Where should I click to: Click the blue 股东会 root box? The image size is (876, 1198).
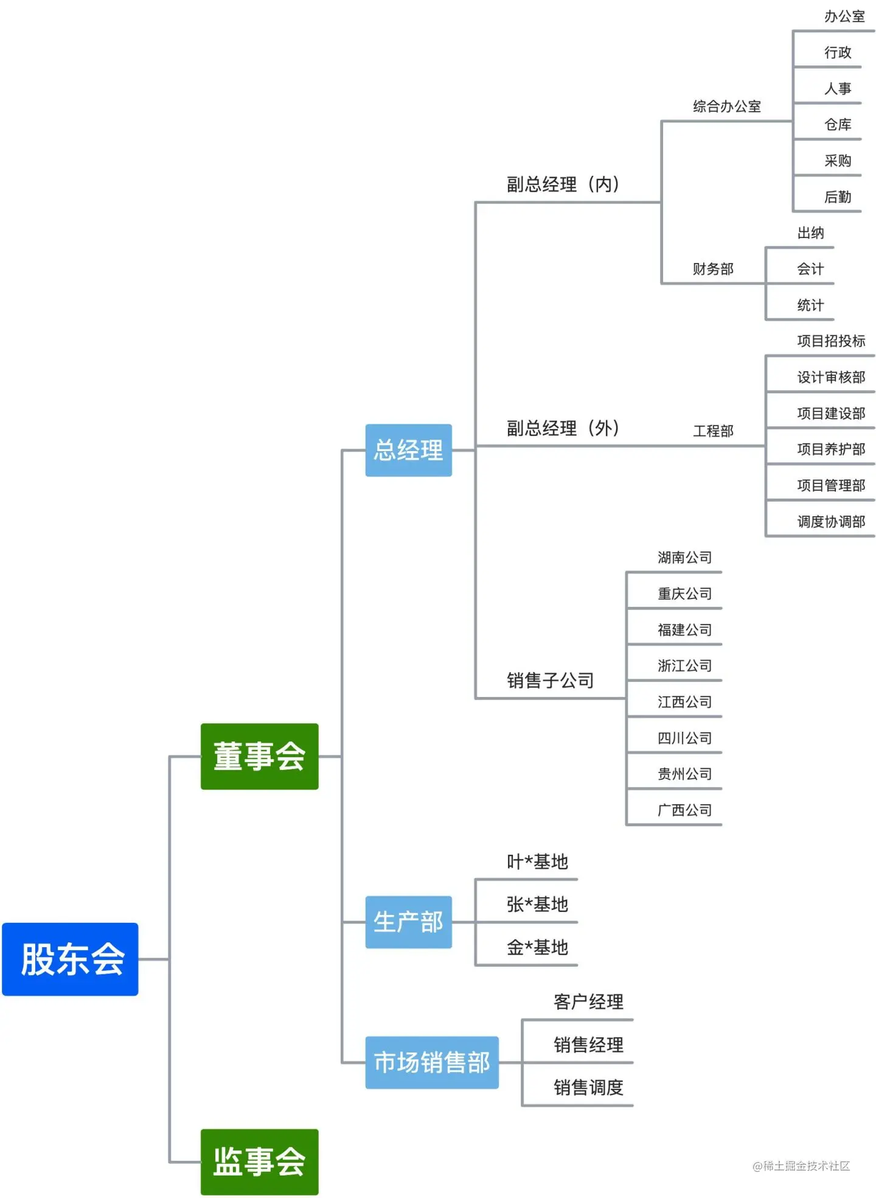[x=71, y=959]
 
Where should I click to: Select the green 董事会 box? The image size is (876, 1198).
[x=259, y=756]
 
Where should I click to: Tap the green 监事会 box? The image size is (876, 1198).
[x=259, y=1161]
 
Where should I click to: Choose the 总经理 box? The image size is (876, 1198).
[x=408, y=450]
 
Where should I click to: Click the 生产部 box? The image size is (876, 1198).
[x=408, y=922]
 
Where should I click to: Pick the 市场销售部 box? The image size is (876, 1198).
[x=432, y=1062]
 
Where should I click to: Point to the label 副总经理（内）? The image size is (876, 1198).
[x=563, y=184]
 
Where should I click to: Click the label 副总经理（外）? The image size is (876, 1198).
[x=563, y=428]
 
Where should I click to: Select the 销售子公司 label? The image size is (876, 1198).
[x=550, y=680]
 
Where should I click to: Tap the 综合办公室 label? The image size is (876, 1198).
[x=727, y=107]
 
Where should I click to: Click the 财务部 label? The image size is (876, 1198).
[x=713, y=268]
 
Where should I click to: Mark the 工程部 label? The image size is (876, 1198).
[x=713, y=431]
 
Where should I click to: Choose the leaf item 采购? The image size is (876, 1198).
[x=838, y=161]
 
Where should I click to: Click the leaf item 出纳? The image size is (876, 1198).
[x=810, y=233]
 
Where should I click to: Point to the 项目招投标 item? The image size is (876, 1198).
[x=831, y=341]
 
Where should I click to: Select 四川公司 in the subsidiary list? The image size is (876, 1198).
[x=684, y=738]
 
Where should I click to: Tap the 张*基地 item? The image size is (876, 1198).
[x=537, y=905]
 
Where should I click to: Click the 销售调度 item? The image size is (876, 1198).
[x=588, y=1087]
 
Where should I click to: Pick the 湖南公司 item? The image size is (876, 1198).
[x=684, y=558]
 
